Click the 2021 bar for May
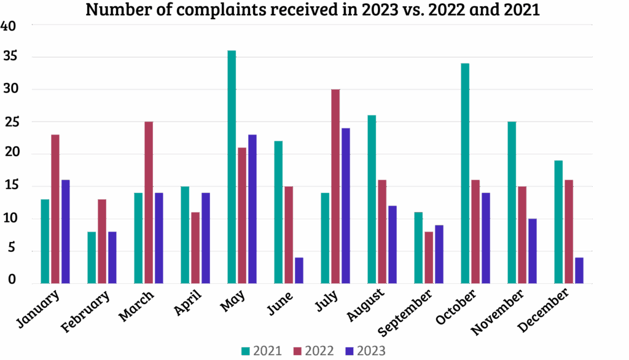(232, 166)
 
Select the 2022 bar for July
(335, 186)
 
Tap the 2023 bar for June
(299, 270)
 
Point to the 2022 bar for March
(149, 202)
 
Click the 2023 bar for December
(579, 270)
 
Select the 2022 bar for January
(55, 209)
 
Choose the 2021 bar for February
(92, 257)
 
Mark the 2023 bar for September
(439, 254)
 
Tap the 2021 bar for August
(372, 199)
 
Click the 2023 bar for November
(532, 251)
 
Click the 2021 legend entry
(262, 351)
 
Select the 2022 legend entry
(313, 351)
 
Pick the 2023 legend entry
(365, 351)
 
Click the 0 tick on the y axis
(12, 280)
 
